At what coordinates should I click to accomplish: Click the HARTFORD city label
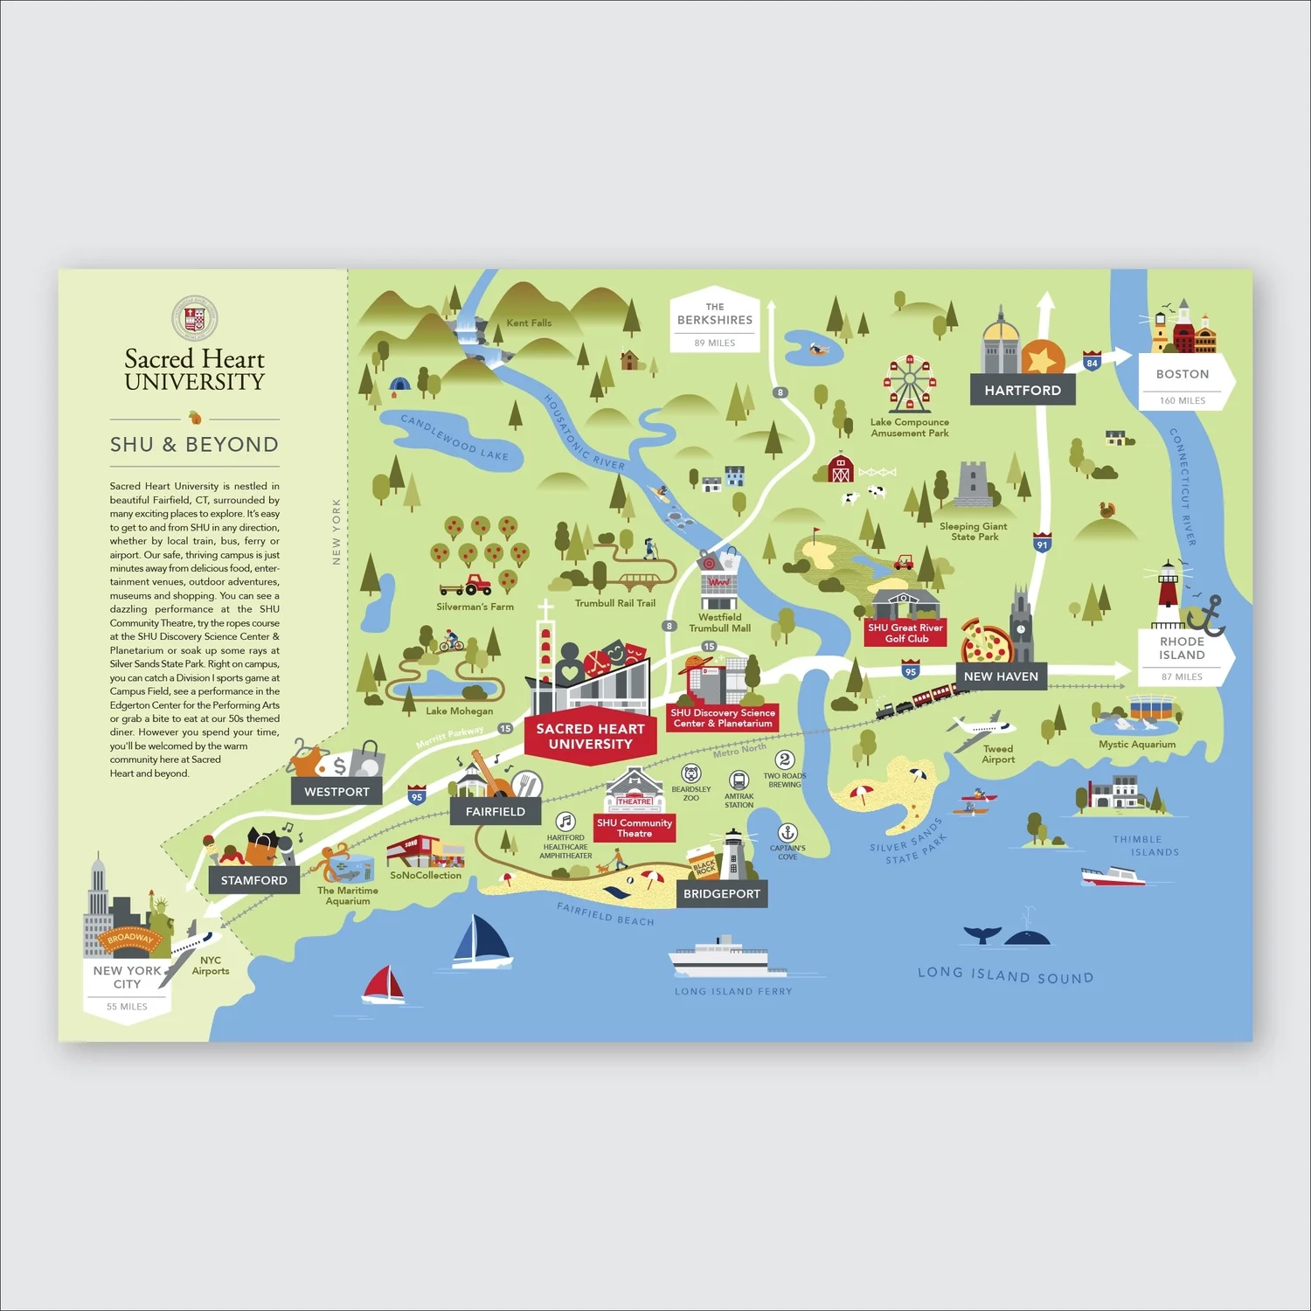(x=1023, y=390)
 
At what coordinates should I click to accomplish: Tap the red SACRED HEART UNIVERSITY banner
(x=590, y=737)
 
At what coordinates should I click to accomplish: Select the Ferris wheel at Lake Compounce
(x=909, y=383)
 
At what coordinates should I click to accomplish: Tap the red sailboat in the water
(x=383, y=983)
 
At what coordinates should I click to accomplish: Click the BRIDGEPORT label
(x=722, y=893)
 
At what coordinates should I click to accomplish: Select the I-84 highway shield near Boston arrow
(x=1092, y=363)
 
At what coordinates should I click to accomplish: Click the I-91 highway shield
(x=1042, y=544)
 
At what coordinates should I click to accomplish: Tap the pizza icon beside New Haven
(x=985, y=643)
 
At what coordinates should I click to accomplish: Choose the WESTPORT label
(x=336, y=792)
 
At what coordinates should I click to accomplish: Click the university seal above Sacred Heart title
(x=194, y=319)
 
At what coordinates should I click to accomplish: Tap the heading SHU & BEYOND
(x=194, y=445)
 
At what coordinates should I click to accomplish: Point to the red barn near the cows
(x=840, y=469)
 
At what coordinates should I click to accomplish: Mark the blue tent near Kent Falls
(x=399, y=383)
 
